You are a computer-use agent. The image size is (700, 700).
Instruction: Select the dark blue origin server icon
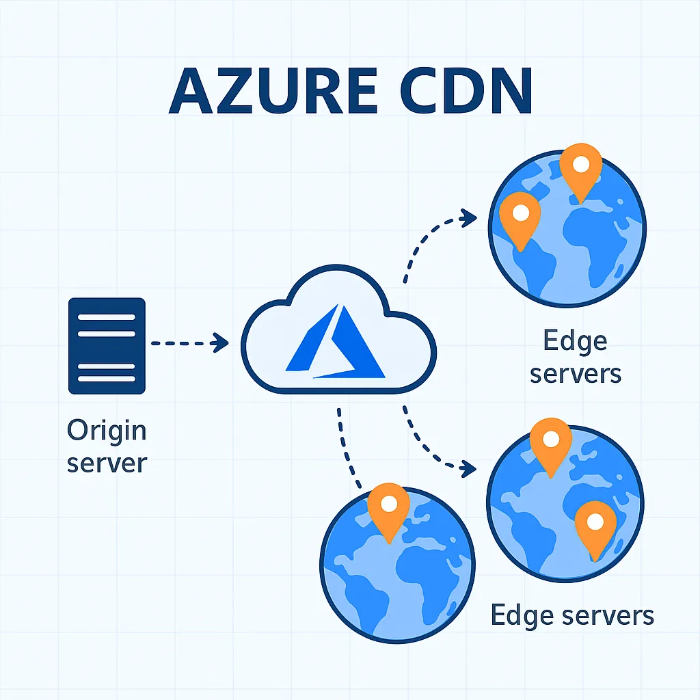coord(107,346)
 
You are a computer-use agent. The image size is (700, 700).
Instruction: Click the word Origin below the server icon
coord(107,431)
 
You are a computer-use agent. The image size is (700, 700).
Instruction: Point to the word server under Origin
coord(107,463)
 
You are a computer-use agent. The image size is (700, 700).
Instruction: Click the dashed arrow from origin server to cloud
coord(189,342)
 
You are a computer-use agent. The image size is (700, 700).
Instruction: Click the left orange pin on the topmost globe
coord(520,216)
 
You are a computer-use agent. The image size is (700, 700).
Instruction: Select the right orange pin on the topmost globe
coord(580,168)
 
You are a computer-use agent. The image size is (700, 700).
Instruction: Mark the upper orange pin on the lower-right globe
coord(550,442)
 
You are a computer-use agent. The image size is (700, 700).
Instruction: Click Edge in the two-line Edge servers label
coord(575,340)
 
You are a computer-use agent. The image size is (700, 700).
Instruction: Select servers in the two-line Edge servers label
coord(575,373)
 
